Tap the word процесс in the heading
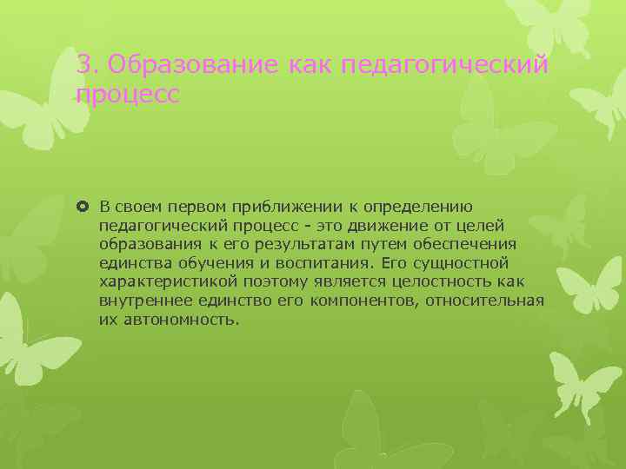point(127,94)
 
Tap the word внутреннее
point(143,301)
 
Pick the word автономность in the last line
point(182,320)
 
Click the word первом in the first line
point(196,206)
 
